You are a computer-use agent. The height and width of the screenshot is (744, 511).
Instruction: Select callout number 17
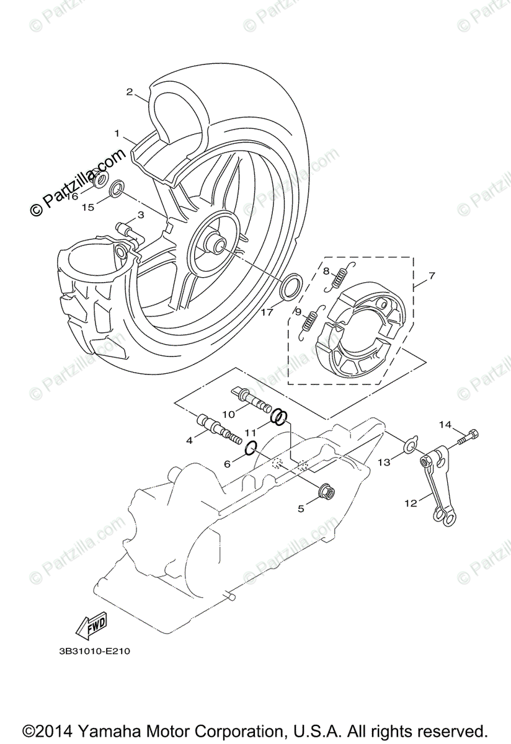click(266, 312)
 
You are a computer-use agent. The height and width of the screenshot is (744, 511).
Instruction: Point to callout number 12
click(411, 503)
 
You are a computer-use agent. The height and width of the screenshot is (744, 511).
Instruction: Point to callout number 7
click(432, 275)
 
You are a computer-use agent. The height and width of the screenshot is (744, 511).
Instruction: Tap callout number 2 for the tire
click(130, 92)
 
